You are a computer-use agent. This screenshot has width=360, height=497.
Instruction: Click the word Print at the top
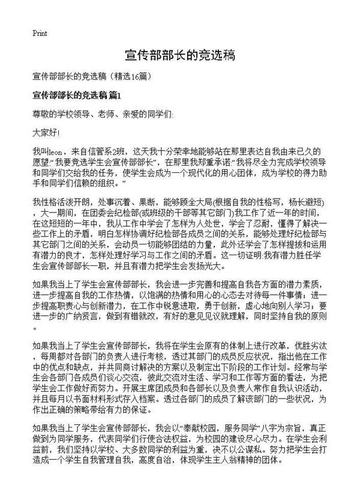click(x=40, y=33)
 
